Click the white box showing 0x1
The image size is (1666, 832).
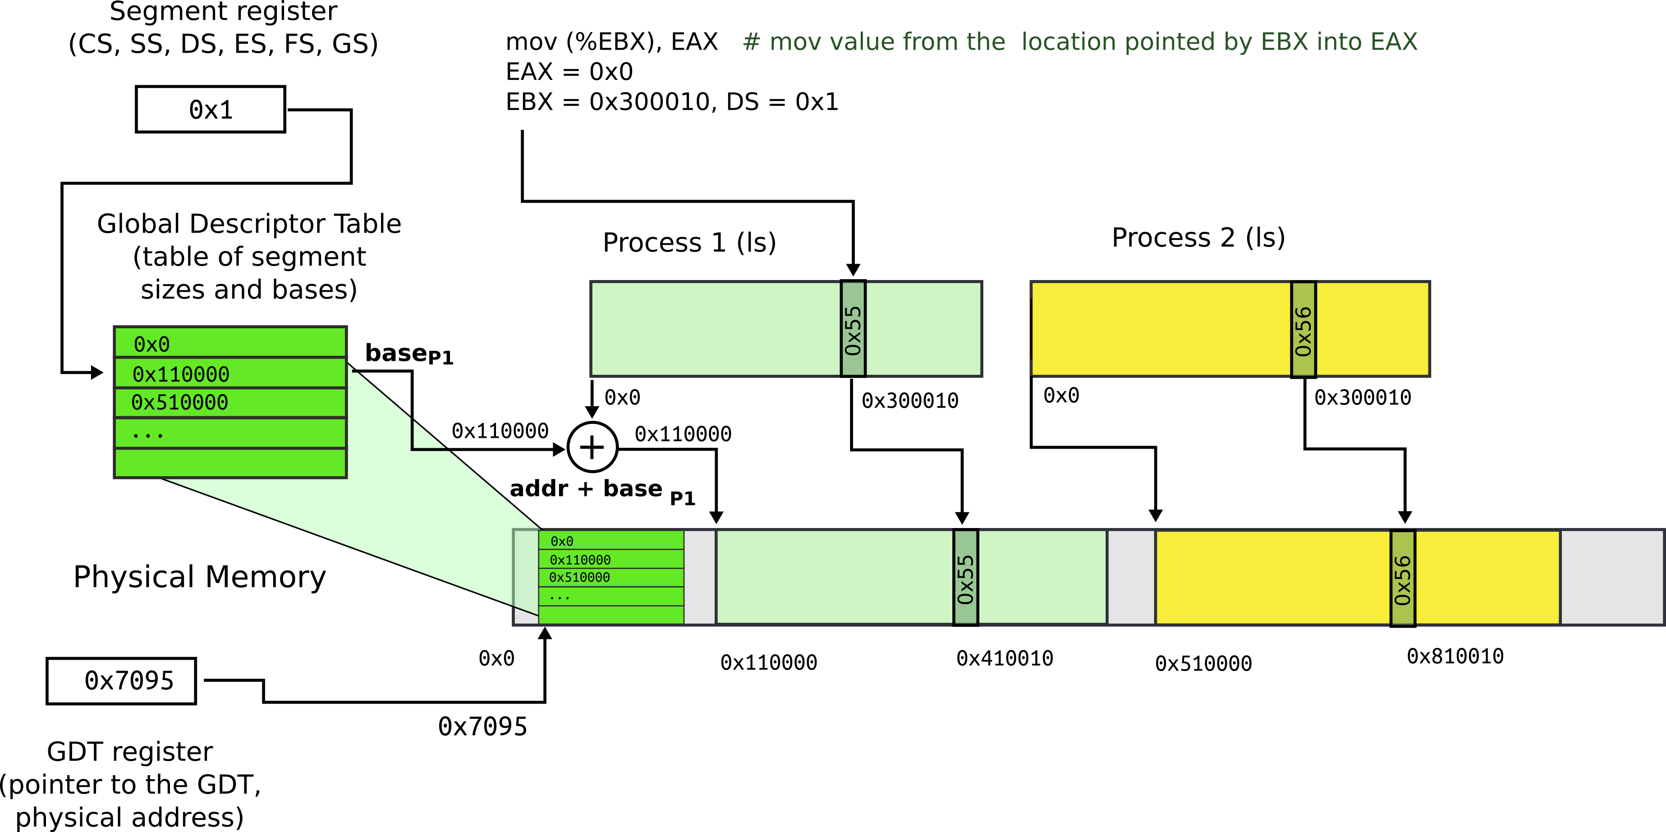pyautogui.click(x=210, y=109)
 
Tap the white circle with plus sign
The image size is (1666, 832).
pyautogui.click(x=592, y=447)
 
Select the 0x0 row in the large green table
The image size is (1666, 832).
pyautogui.click(x=230, y=343)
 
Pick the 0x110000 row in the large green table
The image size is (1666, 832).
pyautogui.click(x=230, y=373)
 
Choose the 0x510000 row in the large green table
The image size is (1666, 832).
pyautogui.click(x=230, y=402)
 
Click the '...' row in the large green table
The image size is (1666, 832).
pyautogui.click(x=230, y=433)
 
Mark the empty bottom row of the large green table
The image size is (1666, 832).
pyautogui.click(x=230, y=463)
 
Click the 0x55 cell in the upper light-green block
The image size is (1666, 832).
pyautogui.click(x=853, y=329)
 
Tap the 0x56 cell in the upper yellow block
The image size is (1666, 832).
pyautogui.click(x=1303, y=329)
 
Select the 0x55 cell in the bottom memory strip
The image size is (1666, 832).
pyautogui.click(x=966, y=578)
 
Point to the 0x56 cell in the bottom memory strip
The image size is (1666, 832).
pyautogui.click(x=1403, y=578)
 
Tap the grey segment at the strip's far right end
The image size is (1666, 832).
pyautogui.click(x=1612, y=578)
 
